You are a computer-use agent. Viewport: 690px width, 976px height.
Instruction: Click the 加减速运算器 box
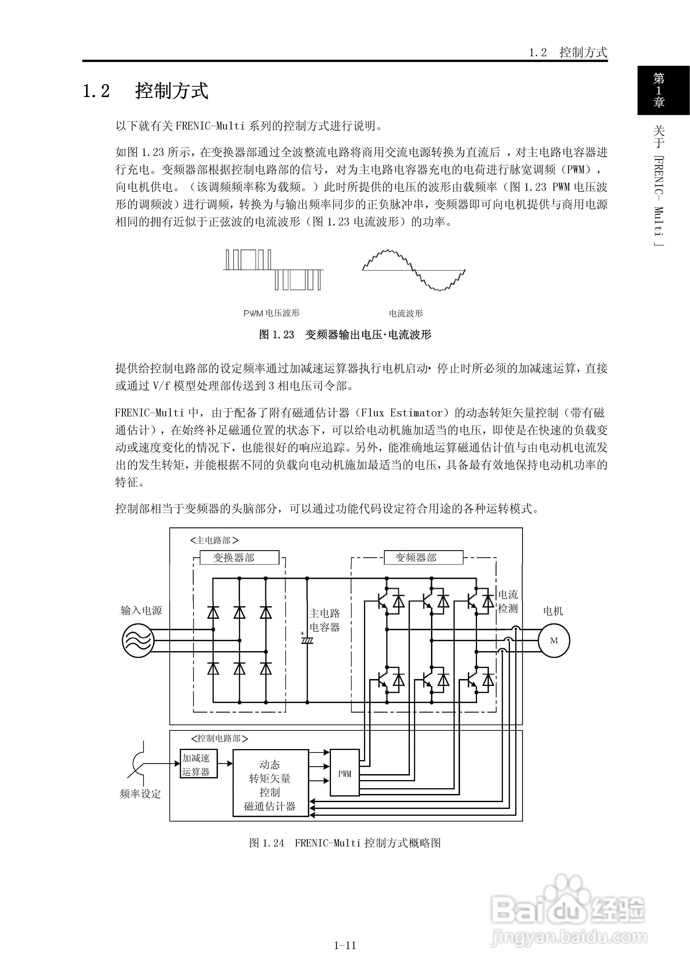tap(199, 764)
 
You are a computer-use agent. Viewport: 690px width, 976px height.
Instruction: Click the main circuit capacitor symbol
tap(307, 639)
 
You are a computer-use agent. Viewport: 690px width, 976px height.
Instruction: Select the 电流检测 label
tap(508, 601)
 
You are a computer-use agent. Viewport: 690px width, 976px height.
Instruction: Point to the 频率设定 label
tap(140, 794)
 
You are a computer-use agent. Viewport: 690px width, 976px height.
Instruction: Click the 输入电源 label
tap(141, 610)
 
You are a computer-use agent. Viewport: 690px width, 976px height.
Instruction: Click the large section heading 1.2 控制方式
tap(145, 90)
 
